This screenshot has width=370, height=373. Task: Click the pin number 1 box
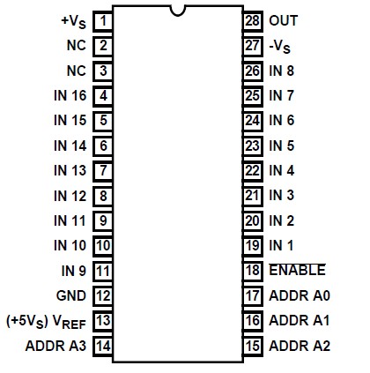click(x=103, y=19)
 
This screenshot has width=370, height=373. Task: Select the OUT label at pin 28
click(x=283, y=19)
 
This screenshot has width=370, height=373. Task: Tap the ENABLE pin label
click(x=297, y=270)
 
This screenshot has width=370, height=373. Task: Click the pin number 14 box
click(x=103, y=346)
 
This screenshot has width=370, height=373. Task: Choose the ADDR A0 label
click(x=299, y=295)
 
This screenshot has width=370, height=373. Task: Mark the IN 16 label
click(x=70, y=95)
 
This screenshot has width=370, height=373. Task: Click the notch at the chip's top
click(x=178, y=11)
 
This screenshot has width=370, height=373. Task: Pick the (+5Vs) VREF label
click(x=46, y=321)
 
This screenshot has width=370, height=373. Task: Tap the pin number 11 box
click(x=103, y=271)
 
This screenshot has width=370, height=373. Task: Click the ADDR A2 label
click(x=299, y=346)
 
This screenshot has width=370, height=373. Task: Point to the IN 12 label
click(x=70, y=196)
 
